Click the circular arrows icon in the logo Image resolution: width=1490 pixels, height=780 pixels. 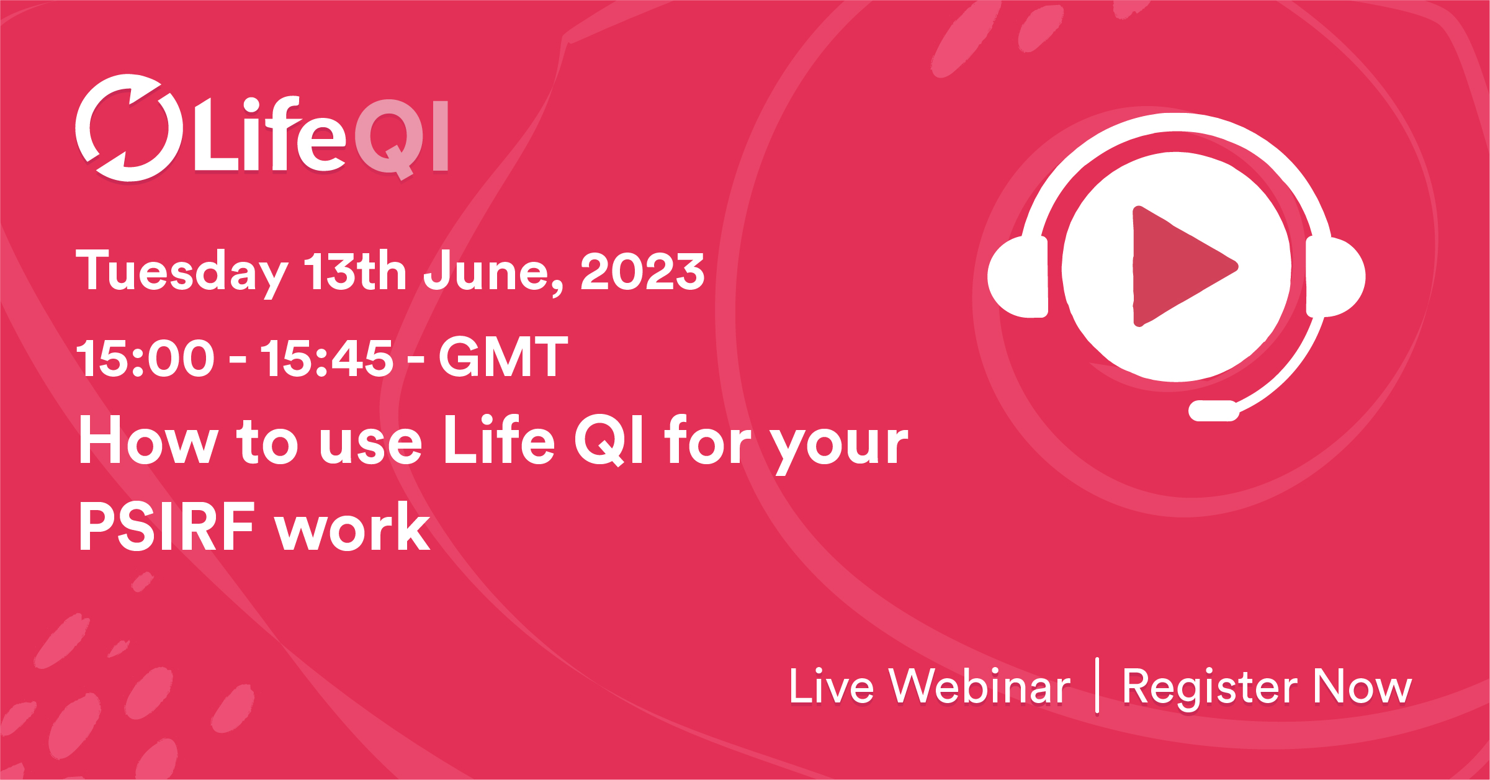pos(129,128)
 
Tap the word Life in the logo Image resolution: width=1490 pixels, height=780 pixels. pos(270,135)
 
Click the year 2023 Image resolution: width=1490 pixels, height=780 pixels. pos(642,272)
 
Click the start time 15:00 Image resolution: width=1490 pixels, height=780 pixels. pos(146,358)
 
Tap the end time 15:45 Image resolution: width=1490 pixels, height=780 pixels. pos(326,358)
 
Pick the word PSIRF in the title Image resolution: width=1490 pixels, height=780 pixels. pos(166,527)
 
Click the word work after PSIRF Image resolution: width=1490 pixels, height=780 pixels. pos(352,527)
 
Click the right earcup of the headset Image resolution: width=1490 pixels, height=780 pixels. pos(1334,277)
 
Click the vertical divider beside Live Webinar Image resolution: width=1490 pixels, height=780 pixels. pos(1097,685)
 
